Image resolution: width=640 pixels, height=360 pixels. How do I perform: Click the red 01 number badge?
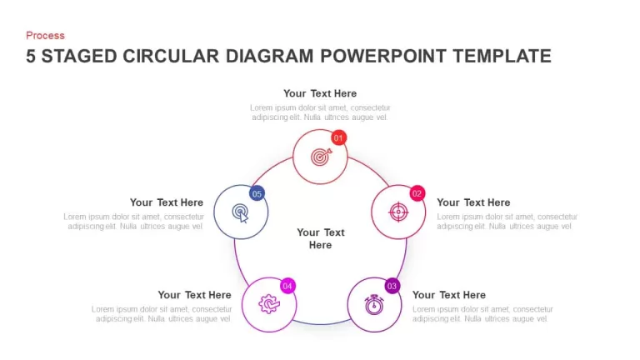(x=338, y=138)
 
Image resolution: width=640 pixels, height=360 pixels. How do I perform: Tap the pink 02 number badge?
(x=417, y=193)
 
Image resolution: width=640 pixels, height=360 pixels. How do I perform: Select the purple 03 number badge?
(x=392, y=286)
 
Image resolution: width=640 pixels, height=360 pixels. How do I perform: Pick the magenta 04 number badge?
(x=287, y=286)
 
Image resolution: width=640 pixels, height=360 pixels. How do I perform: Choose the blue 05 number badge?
(x=257, y=193)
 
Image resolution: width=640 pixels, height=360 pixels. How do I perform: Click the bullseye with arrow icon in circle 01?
(x=321, y=157)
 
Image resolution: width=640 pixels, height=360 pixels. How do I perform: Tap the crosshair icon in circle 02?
(x=398, y=212)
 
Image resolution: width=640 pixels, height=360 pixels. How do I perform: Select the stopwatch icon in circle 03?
(x=374, y=305)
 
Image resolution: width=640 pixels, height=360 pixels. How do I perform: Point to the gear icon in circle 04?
(x=269, y=304)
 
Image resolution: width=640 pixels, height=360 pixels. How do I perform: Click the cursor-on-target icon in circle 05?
(x=240, y=213)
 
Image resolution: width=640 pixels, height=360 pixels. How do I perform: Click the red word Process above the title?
(x=45, y=36)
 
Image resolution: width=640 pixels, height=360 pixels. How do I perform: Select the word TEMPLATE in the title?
(x=502, y=57)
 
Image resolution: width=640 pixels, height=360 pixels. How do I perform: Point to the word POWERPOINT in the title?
(x=383, y=57)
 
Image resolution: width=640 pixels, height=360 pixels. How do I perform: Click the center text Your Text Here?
(x=320, y=238)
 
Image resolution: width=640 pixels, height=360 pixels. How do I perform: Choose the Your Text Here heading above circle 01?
(x=320, y=93)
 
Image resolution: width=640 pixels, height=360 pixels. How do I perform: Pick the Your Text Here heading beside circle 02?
(x=473, y=202)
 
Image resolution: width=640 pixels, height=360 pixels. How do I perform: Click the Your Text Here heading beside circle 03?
(x=449, y=295)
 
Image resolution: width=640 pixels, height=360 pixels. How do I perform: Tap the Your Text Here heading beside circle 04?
(x=195, y=295)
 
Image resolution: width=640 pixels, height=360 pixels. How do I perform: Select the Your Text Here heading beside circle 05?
(x=167, y=202)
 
